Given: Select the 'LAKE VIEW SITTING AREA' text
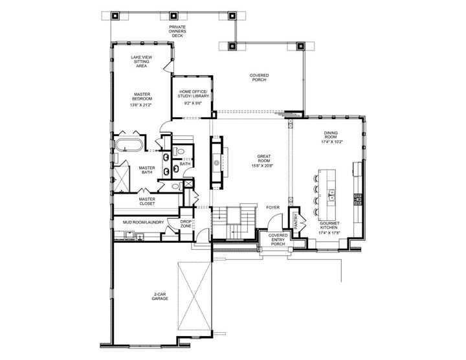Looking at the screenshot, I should tap(142, 62).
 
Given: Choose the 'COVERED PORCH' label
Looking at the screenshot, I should tap(260, 78).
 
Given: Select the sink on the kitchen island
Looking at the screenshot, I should tap(331, 192).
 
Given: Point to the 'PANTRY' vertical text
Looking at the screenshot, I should tap(296, 222).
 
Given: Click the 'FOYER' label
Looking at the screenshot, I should tap(272, 208).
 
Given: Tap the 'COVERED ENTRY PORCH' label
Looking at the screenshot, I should tap(278, 240).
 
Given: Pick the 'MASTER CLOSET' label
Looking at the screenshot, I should tap(146, 201).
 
